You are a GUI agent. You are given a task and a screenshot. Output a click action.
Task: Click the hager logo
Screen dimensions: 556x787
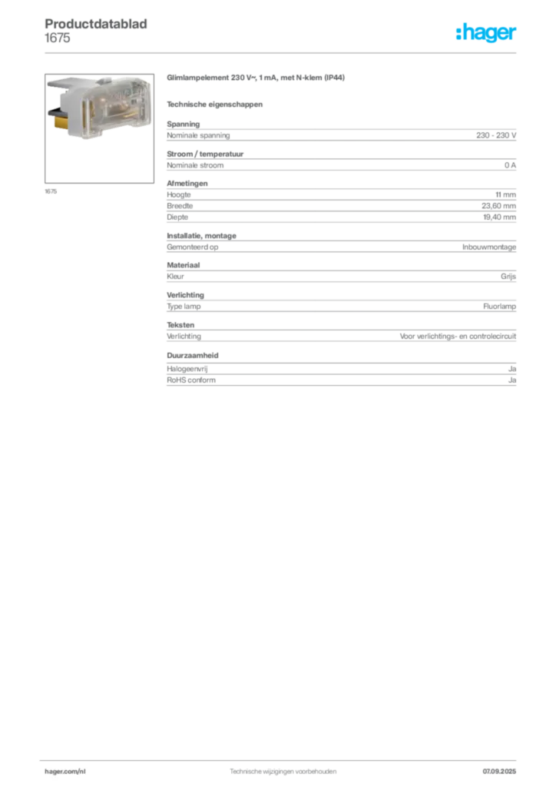(x=485, y=32)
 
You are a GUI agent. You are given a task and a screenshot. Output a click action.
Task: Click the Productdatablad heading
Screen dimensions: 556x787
(x=96, y=24)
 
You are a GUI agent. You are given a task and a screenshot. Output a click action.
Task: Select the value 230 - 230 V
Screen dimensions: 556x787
(x=496, y=135)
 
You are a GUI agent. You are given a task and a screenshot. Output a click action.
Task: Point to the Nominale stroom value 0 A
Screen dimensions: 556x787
(x=510, y=165)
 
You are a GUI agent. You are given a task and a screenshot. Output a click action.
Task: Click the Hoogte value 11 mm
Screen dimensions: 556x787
(x=505, y=194)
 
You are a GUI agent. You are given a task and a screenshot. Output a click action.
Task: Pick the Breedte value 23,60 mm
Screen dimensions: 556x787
(x=498, y=206)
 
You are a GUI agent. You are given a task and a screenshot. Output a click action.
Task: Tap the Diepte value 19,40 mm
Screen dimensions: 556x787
(x=499, y=218)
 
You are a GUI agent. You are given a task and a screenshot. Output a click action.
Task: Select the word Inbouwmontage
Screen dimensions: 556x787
(x=489, y=247)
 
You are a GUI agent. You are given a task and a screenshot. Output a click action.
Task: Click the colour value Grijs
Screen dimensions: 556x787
(x=508, y=277)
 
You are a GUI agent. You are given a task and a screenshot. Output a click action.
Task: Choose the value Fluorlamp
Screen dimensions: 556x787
(x=499, y=306)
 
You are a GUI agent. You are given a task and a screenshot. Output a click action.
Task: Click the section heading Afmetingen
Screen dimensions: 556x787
(x=187, y=184)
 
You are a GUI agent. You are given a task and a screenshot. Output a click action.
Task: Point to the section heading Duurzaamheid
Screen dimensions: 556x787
(x=193, y=355)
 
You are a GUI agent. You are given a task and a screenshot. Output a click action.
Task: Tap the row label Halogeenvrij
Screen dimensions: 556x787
(x=187, y=369)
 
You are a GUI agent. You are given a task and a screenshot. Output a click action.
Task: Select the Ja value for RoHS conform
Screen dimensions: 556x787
(x=512, y=380)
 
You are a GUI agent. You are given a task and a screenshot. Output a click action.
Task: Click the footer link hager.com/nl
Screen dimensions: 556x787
(x=65, y=772)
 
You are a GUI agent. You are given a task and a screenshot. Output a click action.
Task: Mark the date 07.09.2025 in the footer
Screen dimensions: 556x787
(x=499, y=772)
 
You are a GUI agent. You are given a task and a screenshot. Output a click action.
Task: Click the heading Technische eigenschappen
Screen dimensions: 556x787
(x=214, y=105)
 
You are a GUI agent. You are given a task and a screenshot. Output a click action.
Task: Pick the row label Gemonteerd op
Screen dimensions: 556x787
(x=193, y=247)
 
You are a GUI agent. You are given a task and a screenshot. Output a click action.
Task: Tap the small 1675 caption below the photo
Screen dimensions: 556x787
(x=51, y=191)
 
